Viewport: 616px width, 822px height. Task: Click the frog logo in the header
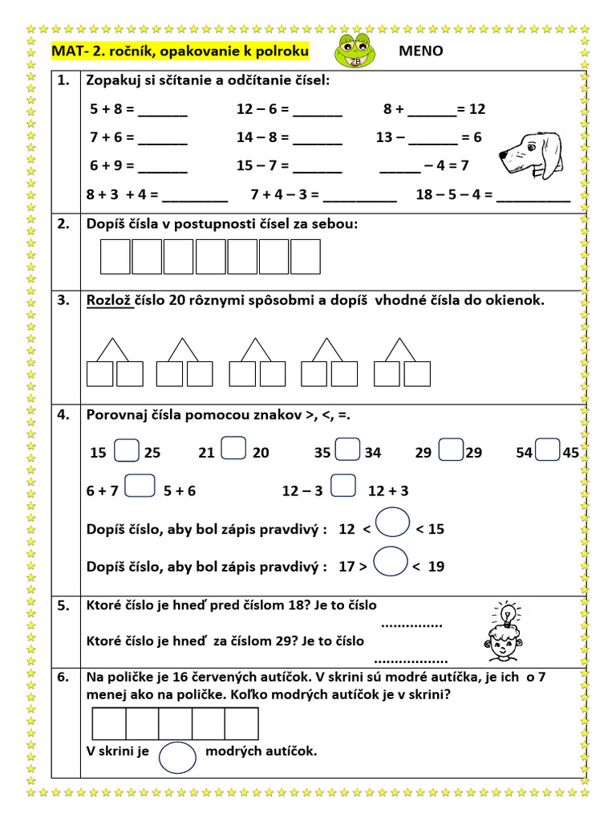tap(354, 53)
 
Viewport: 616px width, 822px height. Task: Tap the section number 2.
tap(64, 224)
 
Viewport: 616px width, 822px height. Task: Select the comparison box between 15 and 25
tap(127, 450)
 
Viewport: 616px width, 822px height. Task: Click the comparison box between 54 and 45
tap(548, 450)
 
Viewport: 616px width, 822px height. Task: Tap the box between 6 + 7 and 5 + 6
tap(140, 487)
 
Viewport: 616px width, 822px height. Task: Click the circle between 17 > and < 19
tap(391, 561)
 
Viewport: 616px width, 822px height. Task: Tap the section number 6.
tap(64, 677)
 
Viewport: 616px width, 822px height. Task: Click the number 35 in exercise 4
tap(322, 453)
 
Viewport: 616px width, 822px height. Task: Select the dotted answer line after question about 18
tap(411, 624)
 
